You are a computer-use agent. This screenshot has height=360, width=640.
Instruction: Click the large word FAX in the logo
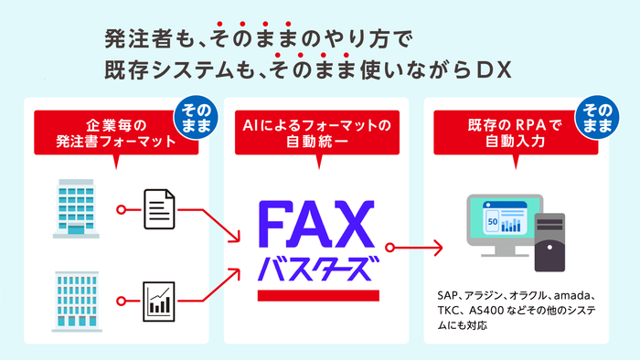point(316,224)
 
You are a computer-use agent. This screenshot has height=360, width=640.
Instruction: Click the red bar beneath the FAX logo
point(316,295)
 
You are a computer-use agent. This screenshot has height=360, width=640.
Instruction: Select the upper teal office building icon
point(76,208)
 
